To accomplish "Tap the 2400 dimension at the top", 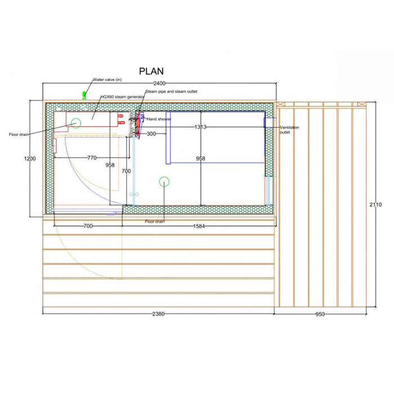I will pyautogui.click(x=151, y=83).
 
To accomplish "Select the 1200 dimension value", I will pyautogui.click(x=30, y=159).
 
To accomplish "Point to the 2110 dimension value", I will pyautogui.click(x=375, y=204).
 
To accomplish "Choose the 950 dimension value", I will pyautogui.click(x=320, y=314).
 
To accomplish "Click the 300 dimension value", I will pyautogui.click(x=151, y=134).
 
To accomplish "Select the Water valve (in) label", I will pyautogui.click(x=107, y=80).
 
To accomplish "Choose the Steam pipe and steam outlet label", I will pyautogui.click(x=171, y=91).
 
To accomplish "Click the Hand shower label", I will pyautogui.click(x=159, y=119).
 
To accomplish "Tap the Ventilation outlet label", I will pyautogui.click(x=289, y=130).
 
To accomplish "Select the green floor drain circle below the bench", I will pyautogui.click(x=164, y=181).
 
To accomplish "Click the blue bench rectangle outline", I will pyautogui.click(x=216, y=138).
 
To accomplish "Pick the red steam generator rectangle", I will pyautogui.click(x=93, y=119).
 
